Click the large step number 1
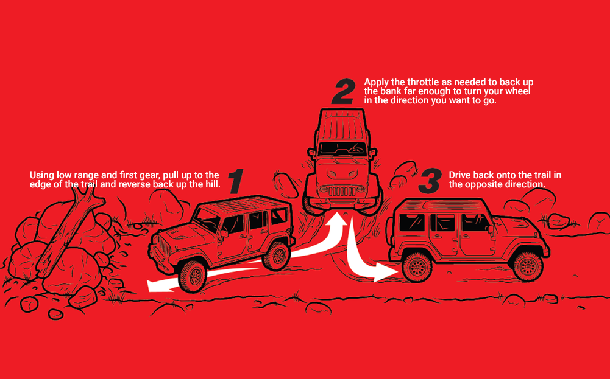click(236, 181)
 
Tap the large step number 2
click(344, 92)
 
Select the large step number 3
click(430, 181)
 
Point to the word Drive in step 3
click(460, 175)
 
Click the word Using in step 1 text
click(41, 176)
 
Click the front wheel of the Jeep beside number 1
click(193, 276)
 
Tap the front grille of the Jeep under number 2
click(342, 191)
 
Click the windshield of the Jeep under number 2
click(342, 148)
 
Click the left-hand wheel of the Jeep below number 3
click(417, 267)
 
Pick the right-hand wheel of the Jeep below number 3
click(528, 266)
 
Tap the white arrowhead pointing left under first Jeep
click(158, 285)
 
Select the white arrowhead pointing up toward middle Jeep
click(337, 220)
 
